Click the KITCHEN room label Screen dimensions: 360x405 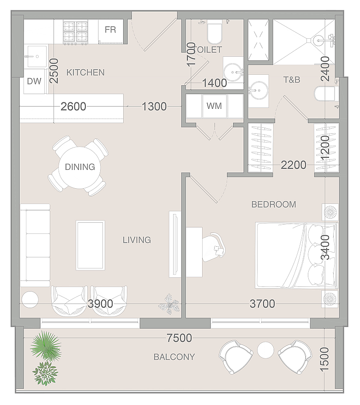point(85,72)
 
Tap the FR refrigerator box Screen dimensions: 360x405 point(111,31)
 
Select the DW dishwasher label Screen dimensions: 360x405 point(34,81)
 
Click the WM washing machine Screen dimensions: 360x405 point(215,106)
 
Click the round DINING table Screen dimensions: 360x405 point(79,167)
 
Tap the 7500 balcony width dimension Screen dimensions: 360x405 point(180,338)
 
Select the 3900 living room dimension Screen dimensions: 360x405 point(100,304)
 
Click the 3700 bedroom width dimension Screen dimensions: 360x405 point(262,304)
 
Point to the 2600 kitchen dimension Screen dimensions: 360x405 point(73,107)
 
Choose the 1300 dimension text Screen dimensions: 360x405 point(154,107)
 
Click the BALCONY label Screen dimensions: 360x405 point(174,357)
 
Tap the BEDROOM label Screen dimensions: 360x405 point(274,204)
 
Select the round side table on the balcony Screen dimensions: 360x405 point(265,350)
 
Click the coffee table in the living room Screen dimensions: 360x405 point(90,245)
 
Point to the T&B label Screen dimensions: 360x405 point(292,80)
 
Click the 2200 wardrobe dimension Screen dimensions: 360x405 point(294,165)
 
